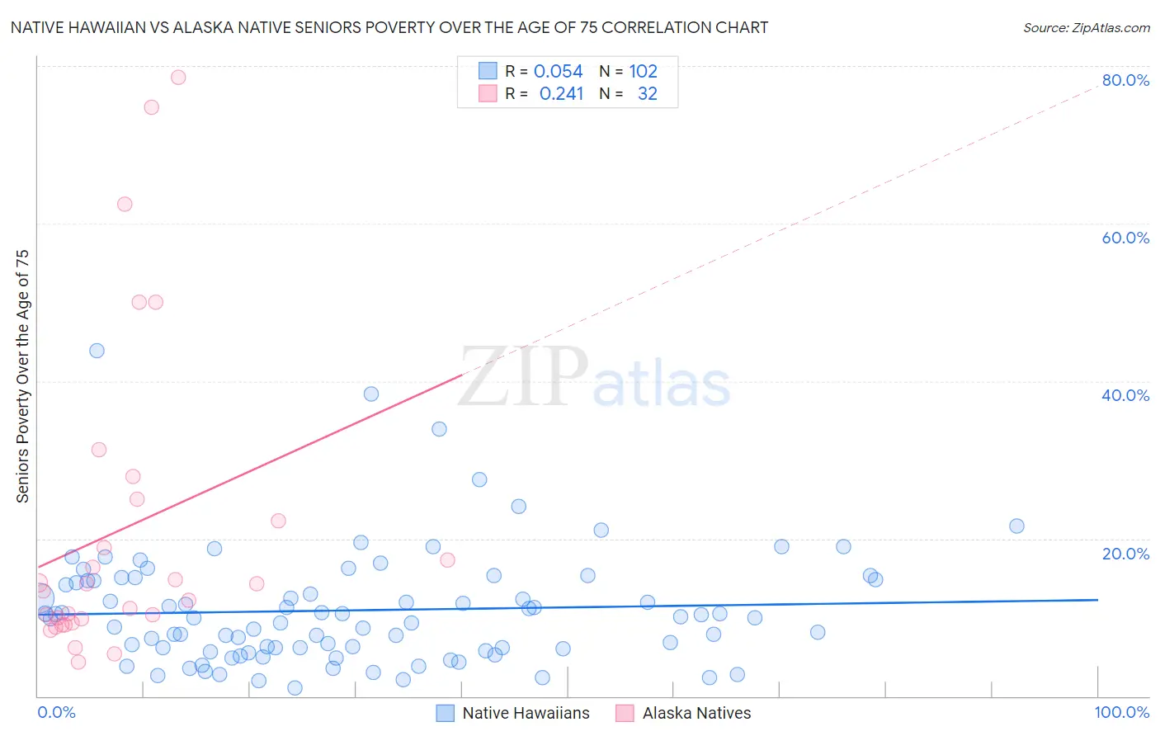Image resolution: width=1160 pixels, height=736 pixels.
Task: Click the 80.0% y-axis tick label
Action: pos(1125,80)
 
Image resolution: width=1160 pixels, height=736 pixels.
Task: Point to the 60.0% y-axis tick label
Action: pos(1125,238)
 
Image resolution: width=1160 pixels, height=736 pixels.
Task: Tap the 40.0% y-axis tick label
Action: pos(1125,395)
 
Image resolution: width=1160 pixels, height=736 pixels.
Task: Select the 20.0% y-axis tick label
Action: pos(1125,553)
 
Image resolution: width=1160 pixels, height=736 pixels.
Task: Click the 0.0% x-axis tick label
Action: pos(56,712)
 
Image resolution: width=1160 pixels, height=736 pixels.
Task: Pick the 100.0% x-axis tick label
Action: pos(1121,712)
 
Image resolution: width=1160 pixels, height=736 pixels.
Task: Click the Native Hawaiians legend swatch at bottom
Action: pos(446,713)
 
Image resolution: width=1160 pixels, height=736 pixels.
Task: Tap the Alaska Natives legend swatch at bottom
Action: pos(625,713)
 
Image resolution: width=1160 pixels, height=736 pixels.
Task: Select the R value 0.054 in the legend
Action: pos(558,72)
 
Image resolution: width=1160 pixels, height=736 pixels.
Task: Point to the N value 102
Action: pos(643,72)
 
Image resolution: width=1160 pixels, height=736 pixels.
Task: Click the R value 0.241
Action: pos(561,94)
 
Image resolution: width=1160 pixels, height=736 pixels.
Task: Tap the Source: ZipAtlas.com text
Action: pos(1086,28)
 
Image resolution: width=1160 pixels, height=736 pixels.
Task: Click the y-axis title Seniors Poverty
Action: pos(23,375)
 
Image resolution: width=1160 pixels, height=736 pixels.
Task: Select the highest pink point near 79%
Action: pos(178,78)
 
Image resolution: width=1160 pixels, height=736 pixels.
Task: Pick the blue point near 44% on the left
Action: pos(97,351)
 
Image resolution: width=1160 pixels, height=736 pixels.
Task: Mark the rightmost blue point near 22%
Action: pos(1016,526)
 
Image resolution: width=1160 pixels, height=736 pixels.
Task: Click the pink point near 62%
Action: pos(125,205)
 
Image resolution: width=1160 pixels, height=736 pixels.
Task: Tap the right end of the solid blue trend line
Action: pos(1097,600)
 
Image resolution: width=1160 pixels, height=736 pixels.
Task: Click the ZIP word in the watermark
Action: pos(523,378)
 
